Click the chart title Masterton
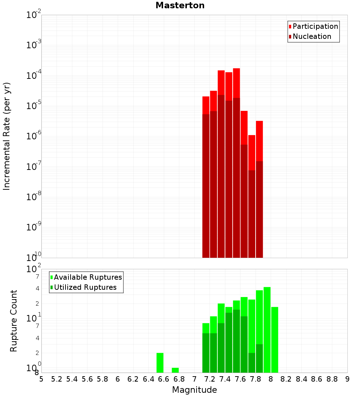point(180,5)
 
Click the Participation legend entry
point(315,26)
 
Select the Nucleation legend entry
point(312,36)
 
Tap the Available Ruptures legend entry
point(88,277)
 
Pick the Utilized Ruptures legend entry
point(85,287)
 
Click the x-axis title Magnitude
point(194,390)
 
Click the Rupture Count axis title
point(14,321)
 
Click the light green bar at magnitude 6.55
point(160,363)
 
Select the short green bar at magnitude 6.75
point(175,370)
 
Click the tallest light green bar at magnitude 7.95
point(267,329)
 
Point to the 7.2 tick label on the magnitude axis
point(210,379)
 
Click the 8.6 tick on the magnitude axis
point(317,379)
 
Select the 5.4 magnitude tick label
point(72,379)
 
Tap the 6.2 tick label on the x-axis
point(133,379)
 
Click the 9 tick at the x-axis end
point(347,379)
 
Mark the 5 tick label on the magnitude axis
point(41,379)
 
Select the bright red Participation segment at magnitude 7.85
point(259,141)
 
